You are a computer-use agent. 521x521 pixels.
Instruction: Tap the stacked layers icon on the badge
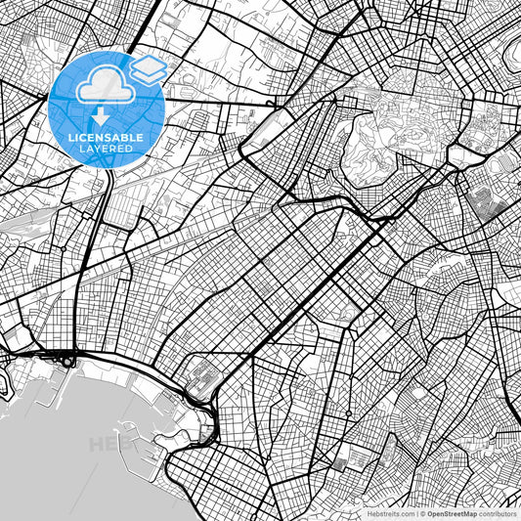tap(149, 68)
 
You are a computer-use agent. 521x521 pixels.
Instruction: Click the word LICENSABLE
tap(105, 138)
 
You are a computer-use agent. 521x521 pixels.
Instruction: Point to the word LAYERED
tap(105, 151)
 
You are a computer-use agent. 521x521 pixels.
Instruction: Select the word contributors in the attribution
tap(499, 513)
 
